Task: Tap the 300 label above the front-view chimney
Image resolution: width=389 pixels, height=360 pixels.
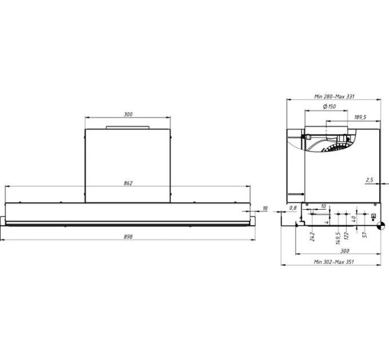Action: tap(128, 115)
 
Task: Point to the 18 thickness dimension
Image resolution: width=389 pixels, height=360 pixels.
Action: tap(264, 208)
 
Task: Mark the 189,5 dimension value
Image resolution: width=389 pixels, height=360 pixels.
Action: tap(360, 117)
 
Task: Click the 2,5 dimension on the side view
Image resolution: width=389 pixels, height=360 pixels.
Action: tap(368, 180)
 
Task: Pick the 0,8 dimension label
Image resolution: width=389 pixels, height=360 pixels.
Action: tap(292, 207)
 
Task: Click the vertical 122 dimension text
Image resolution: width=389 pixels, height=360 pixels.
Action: tap(347, 235)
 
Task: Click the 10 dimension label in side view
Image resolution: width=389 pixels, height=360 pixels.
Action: tap(323, 206)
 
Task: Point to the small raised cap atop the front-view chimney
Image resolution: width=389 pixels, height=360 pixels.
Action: tap(128, 126)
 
